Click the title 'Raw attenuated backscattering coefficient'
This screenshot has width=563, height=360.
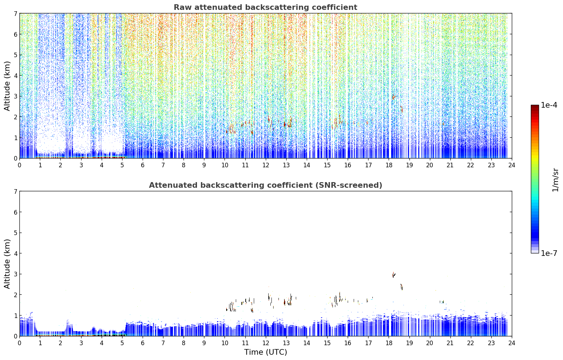click(x=265, y=7)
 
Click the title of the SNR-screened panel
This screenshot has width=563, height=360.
click(x=265, y=185)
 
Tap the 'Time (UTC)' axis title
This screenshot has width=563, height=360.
click(x=265, y=352)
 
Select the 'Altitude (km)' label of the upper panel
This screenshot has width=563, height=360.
click(x=7, y=86)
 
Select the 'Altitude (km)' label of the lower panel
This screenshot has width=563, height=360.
click(x=7, y=264)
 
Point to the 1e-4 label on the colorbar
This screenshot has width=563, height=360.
click(x=549, y=105)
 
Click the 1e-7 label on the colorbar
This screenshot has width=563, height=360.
click(x=549, y=253)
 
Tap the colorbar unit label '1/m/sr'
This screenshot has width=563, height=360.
click(x=555, y=180)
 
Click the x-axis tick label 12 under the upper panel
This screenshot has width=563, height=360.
click(x=266, y=165)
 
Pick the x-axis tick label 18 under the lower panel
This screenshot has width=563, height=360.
click(x=389, y=343)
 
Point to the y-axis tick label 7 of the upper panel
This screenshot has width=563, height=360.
click(x=15, y=13)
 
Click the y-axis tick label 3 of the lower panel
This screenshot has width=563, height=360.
click(x=15, y=274)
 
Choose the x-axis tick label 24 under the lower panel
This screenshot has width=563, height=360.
click(x=512, y=343)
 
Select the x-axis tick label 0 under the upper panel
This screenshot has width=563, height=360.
click(x=20, y=165)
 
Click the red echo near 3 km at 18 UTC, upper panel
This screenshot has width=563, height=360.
click(x=394, y=97)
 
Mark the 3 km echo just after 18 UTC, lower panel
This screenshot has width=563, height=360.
click(x=394, y=275)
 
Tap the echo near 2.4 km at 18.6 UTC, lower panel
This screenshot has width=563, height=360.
click(x=402, y=287)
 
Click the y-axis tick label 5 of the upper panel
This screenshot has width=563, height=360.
click(x=15, y=55)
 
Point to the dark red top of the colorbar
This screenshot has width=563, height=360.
click(x=535, y=107)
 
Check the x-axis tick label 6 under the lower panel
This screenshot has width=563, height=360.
click(x=143, y=343)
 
